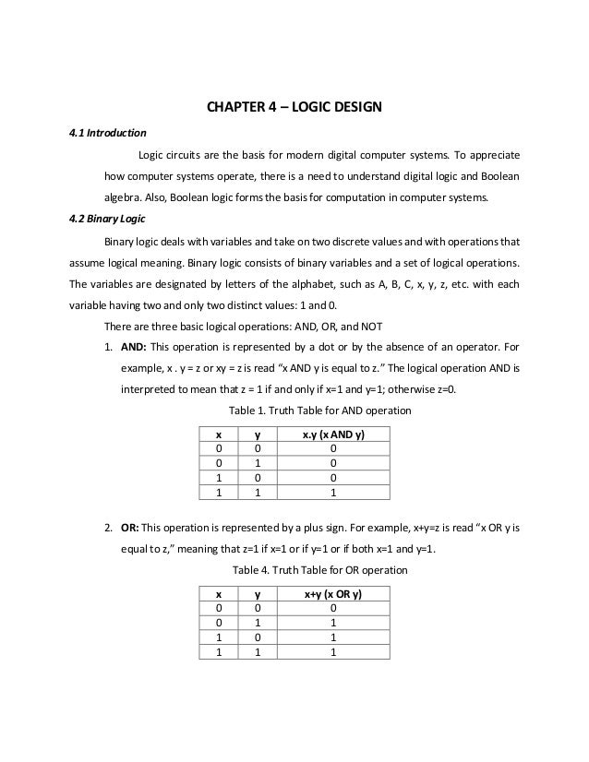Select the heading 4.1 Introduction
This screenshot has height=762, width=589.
[x=101, y=131]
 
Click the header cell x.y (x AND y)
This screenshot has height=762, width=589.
[x=332, y=433]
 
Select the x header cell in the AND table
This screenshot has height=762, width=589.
[x=218, y=433]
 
